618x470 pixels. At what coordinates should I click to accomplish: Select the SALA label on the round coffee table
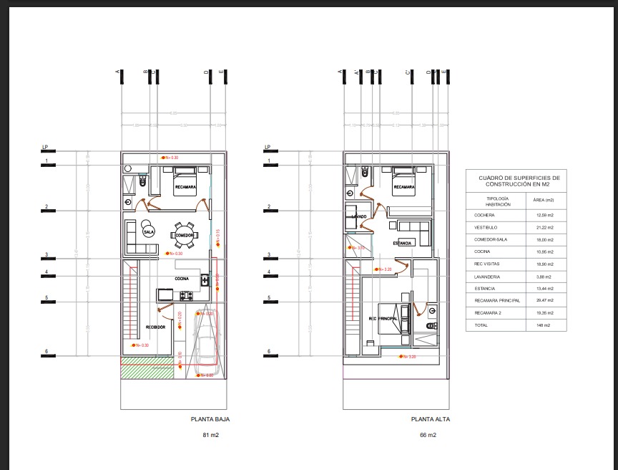[149, 231]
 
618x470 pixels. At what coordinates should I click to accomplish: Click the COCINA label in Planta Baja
[180, 279]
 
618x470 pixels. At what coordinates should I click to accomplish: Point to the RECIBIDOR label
[156, 327]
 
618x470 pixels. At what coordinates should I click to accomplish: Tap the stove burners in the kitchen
[188, 295]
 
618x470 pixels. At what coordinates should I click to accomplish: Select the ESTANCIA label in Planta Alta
[402, 244]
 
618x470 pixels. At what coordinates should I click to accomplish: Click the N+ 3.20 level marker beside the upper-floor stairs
[385, 269]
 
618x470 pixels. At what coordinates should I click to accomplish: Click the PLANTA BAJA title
[210, 420]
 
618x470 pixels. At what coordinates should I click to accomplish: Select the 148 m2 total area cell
[543, 326]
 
